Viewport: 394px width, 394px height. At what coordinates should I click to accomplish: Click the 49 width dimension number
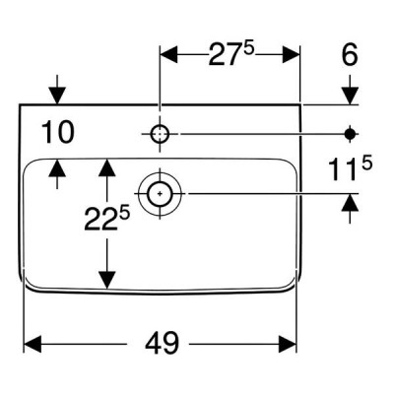click(163, 343)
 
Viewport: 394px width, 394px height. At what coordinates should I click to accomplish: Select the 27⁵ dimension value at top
click(231, 54)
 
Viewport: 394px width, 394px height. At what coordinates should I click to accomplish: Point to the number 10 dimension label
click(58, 132)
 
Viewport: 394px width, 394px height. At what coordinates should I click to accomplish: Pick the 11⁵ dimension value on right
click(351, 168)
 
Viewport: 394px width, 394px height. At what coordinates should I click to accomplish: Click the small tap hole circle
click(160, 134)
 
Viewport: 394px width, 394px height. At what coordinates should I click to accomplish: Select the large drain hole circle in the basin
click(160, 194)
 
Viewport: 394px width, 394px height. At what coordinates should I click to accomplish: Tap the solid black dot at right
click(350, 134)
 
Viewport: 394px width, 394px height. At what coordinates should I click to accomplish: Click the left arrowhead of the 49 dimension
click(33, 344)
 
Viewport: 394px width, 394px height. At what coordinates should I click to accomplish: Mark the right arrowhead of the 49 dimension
click(288, 344)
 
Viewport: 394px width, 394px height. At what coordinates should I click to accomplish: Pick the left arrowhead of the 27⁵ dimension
click(168, 54)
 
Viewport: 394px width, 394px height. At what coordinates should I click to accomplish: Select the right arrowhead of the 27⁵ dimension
click(292, 54)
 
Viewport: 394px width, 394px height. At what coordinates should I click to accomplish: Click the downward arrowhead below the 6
click(350, 96)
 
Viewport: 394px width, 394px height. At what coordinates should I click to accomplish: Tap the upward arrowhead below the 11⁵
click(350, 202)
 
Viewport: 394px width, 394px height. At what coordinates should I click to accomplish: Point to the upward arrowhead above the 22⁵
click(107, 167)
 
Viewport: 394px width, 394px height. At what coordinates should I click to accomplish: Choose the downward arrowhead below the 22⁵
click(107, 281)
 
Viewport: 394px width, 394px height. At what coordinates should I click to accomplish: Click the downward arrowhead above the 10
click(57, 96)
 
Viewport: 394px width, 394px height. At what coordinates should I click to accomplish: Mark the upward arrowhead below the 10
click(57, 167)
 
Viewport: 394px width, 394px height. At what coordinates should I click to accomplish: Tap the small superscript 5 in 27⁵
click(249, 48)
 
